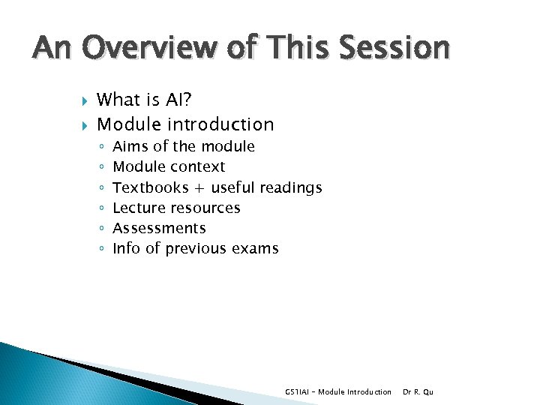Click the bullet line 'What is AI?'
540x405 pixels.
tap(148, 99)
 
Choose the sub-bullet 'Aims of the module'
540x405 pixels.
tap(184, 146)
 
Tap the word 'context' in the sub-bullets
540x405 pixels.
tap(197, 166)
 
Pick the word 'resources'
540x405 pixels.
tap(205, 208)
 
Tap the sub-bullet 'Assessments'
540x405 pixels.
tap(159, 228)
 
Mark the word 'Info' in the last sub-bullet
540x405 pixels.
tap(126, 248)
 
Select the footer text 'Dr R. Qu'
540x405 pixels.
tap(418, 391)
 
